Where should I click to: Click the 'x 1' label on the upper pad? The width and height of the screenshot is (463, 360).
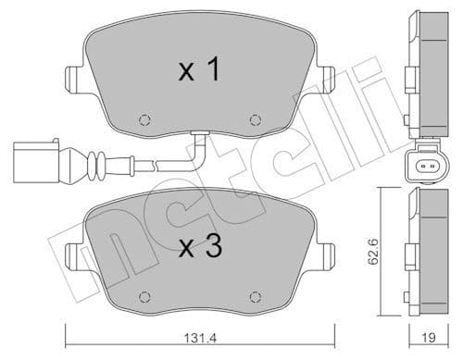click(x=198, y=70)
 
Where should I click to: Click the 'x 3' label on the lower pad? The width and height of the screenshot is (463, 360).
click(x=198, y=247)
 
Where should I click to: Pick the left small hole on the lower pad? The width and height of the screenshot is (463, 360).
click(x=143, y=296)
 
